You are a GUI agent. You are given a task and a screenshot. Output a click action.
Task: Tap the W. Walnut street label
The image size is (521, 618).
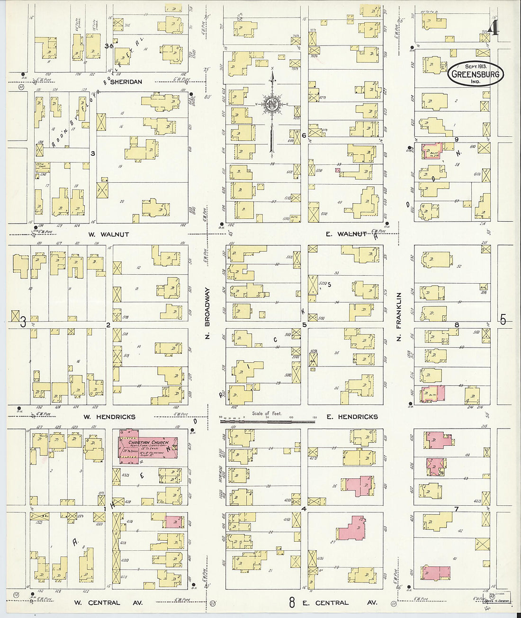pos(108,234)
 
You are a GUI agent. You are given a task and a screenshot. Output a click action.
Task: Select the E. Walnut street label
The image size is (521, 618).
pos(346,234)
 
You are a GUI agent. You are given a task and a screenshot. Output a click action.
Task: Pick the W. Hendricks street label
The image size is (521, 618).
pos(109,417)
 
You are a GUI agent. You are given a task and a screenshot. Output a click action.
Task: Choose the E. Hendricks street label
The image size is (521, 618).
pos(352,417)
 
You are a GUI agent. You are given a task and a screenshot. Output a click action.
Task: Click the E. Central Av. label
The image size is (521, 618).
pos(340,603)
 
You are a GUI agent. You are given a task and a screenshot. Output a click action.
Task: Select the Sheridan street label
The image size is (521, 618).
pos(126,81)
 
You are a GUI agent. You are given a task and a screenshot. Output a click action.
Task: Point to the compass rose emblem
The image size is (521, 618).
pos(272,104)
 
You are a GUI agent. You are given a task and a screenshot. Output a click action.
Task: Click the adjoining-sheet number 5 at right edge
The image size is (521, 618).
pos(503,320)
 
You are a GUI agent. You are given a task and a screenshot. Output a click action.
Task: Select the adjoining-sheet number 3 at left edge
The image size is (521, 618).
pos(23,322)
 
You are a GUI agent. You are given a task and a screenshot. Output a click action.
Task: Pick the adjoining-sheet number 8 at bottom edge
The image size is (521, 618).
pos(292,602)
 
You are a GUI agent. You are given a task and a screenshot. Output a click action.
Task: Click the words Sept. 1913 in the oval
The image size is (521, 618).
pos(476,66)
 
